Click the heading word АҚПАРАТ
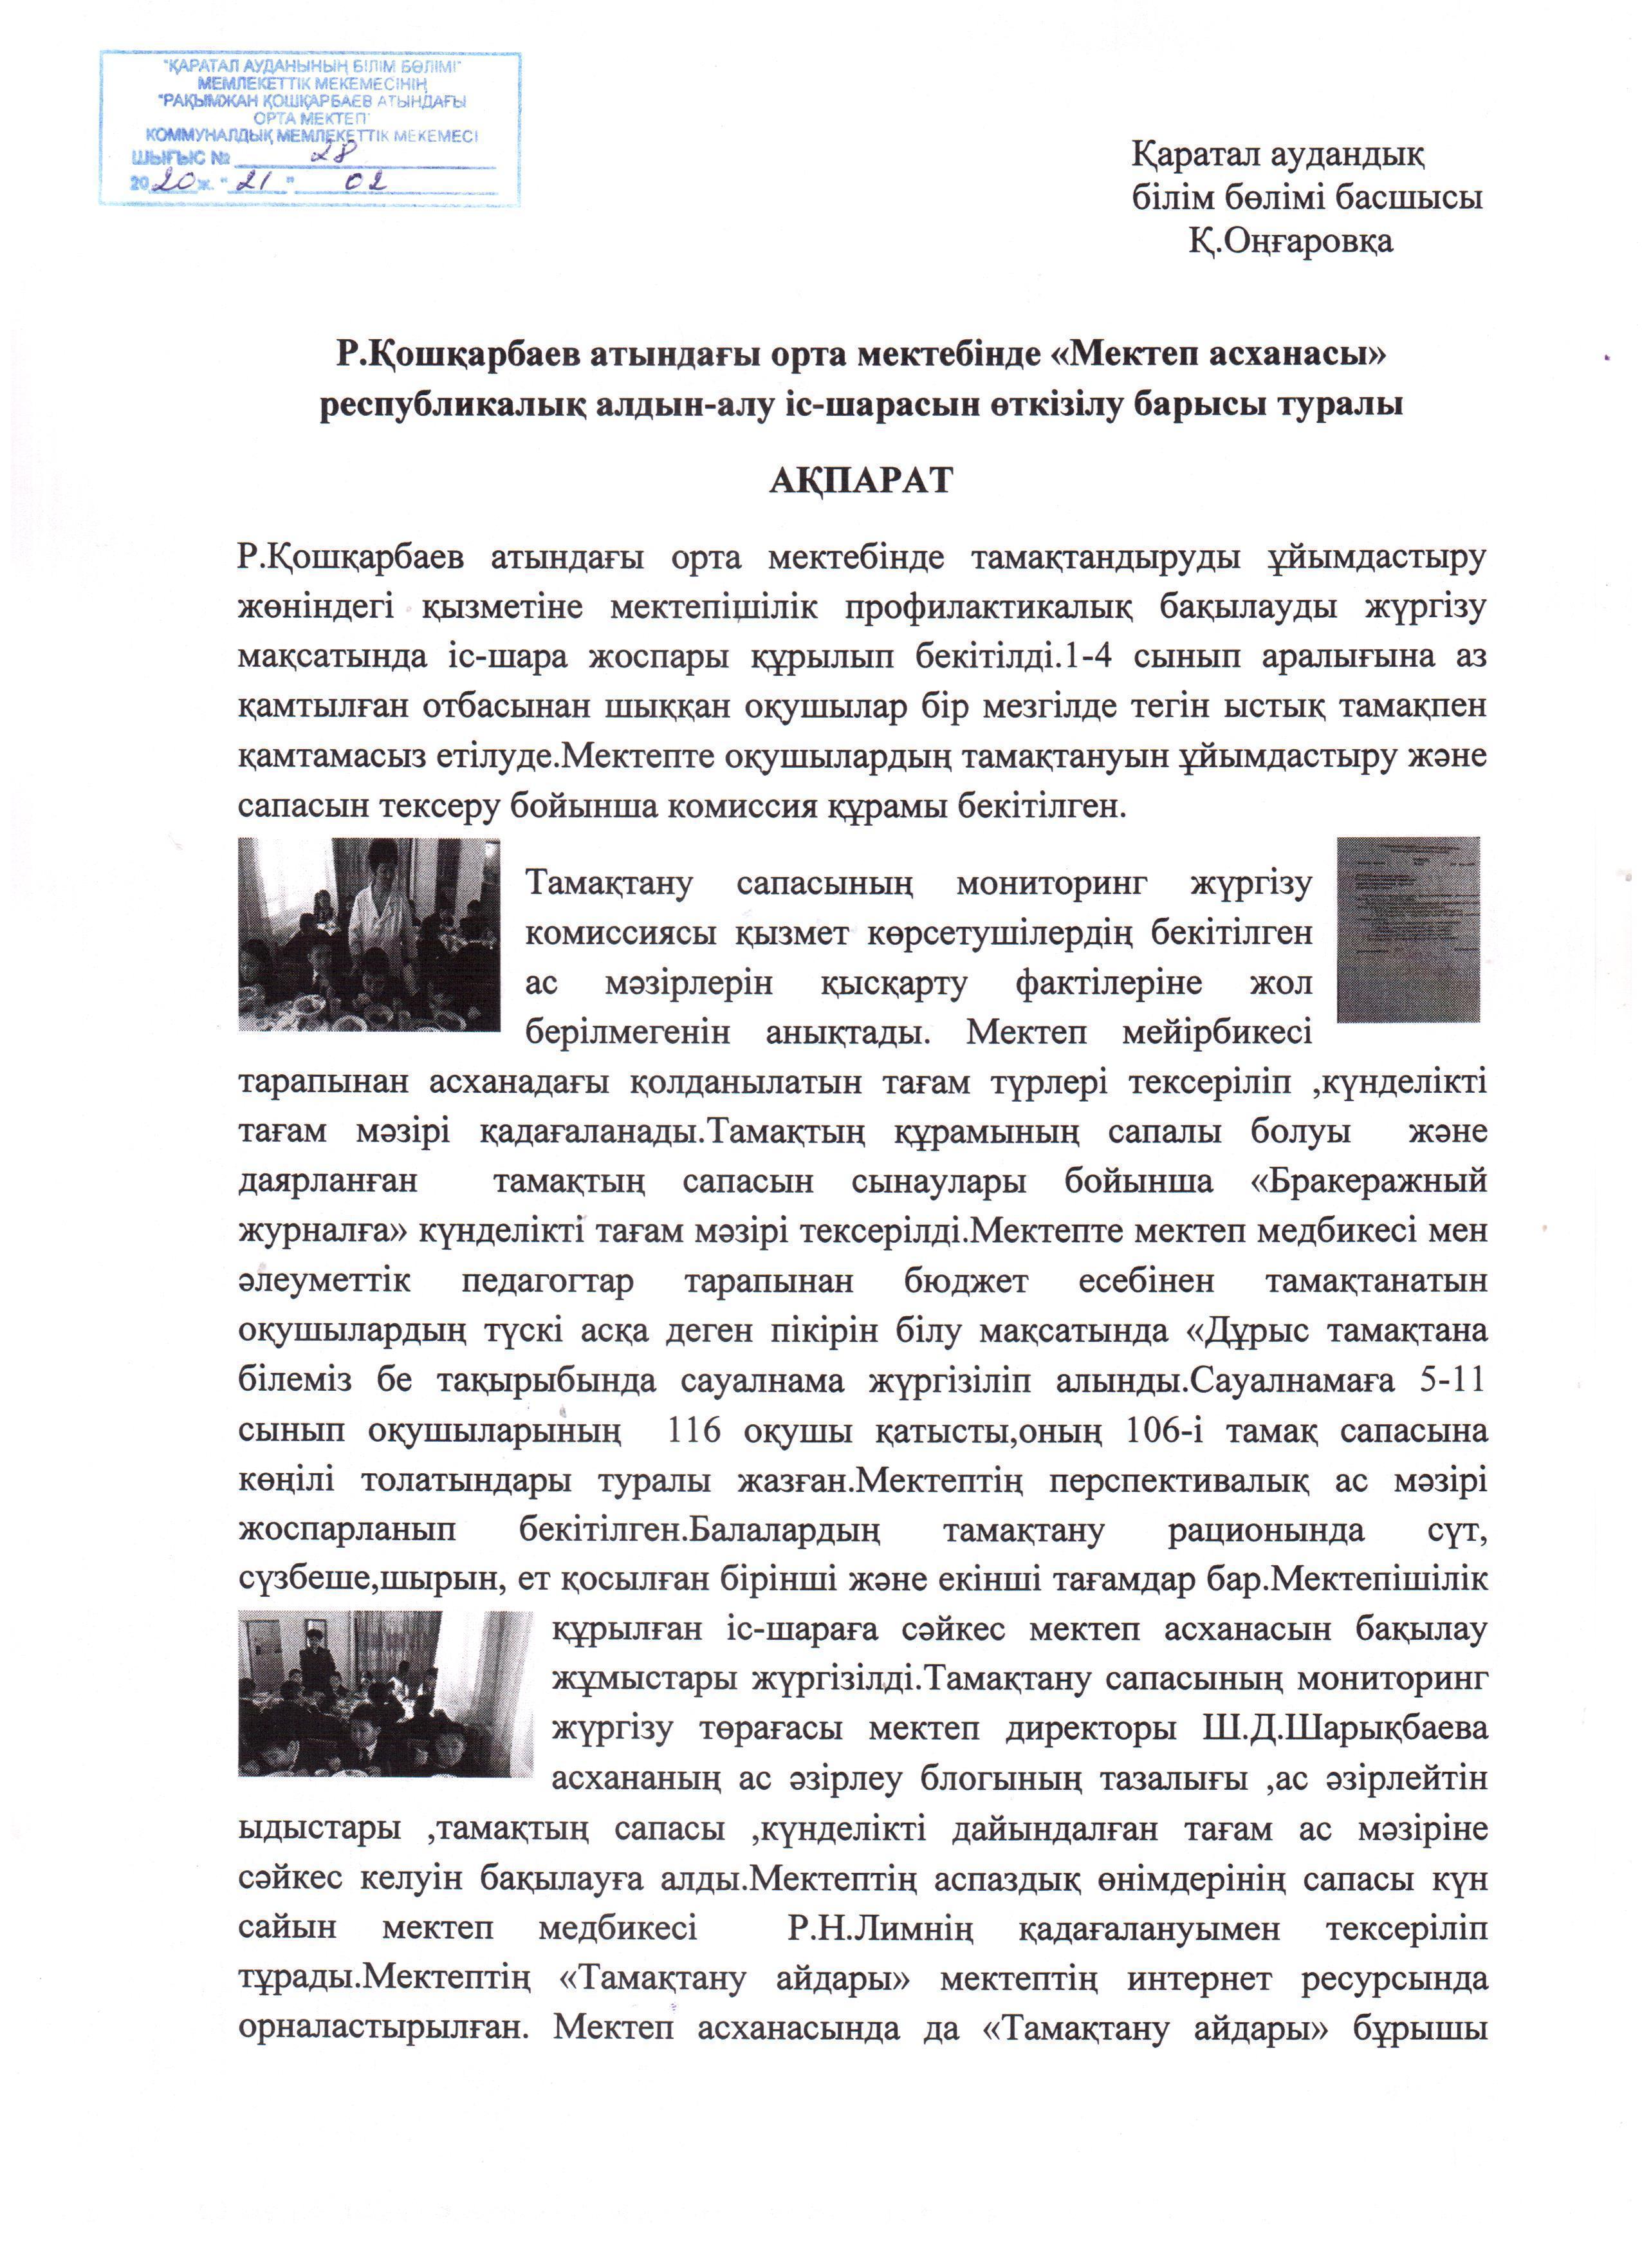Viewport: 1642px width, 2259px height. point(860,479)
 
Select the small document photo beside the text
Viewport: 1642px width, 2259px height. point(1407,929)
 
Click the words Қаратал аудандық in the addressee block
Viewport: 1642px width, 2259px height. point(1278,155)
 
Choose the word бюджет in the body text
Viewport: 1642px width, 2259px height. point(965,1281)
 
